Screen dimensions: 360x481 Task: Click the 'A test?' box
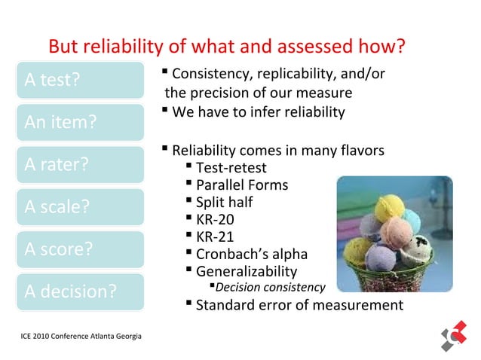pos(79,79)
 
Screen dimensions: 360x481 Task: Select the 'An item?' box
pos(79,121)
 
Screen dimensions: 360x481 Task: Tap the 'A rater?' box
pos(79,163)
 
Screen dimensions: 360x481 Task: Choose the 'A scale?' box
pos(79,206)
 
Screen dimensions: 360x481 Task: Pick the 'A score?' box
pos(79,248)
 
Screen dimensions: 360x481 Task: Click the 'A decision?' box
pos(79,290)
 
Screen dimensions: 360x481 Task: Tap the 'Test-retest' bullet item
pos(230,168)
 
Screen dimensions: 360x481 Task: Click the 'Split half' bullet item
pos(224,203)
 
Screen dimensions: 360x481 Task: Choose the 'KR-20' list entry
pos(215,220)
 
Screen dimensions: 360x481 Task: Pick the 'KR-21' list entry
pos(215,237)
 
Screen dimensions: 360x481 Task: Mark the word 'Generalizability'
pos(246,272)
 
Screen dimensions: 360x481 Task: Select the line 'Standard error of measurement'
pos(299,305)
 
